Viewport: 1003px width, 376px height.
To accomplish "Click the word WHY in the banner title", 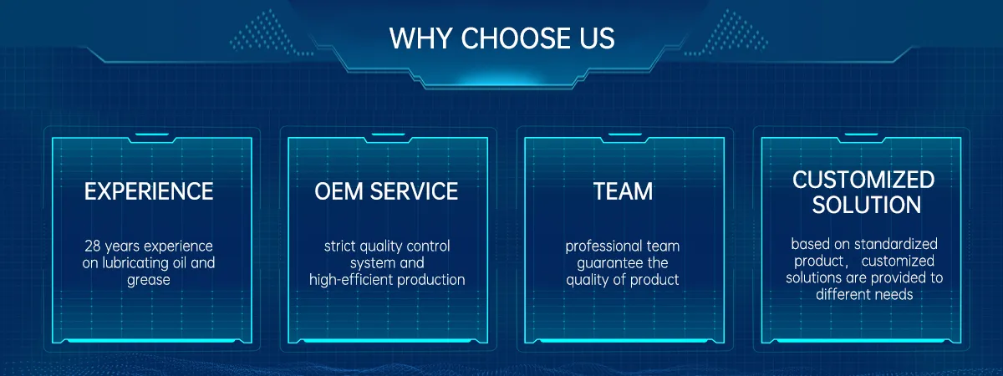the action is (420, 38).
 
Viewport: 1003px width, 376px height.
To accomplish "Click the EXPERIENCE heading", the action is (149, 191).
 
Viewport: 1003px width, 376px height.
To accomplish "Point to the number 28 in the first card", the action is (93, 246).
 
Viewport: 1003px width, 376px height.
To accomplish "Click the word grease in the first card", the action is (149, 281).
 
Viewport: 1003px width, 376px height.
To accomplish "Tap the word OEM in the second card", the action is (339, 191).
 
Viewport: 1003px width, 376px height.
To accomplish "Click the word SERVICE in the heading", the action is (415, 191).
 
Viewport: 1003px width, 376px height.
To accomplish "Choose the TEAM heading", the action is (624, 191).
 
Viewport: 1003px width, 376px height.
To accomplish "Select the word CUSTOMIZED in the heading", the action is (863, 180).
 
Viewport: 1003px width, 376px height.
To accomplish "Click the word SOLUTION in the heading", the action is (867, 205).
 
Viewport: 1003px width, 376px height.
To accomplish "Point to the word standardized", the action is (895, 244).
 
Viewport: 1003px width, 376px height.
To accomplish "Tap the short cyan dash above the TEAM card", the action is (625, 134).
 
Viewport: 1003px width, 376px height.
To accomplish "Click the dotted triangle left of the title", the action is (267, 33).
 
